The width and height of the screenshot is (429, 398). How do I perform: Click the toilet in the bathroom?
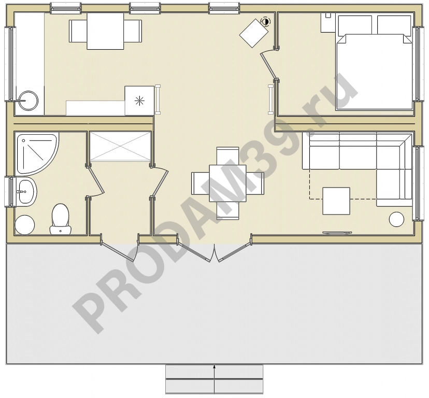60,219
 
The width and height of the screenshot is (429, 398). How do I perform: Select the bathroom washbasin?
26,192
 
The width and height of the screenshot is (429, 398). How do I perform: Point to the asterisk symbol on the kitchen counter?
139,101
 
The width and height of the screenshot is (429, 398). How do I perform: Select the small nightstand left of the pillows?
328,22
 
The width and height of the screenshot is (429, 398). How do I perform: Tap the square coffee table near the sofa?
336,201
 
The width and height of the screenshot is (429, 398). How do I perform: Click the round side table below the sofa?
396,219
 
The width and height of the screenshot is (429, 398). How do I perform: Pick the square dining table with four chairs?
227,183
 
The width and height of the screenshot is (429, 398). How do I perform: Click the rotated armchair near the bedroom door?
254,33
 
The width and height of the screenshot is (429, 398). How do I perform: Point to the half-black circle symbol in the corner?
265,21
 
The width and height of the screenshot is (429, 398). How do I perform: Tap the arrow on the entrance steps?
214,379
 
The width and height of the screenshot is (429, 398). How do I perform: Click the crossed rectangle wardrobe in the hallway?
120,146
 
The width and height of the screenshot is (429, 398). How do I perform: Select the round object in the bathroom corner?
25,225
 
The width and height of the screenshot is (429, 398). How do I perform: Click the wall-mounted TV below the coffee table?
337,233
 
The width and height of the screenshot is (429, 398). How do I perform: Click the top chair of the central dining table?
227,156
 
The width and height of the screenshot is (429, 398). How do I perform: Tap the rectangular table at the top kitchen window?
105,31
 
